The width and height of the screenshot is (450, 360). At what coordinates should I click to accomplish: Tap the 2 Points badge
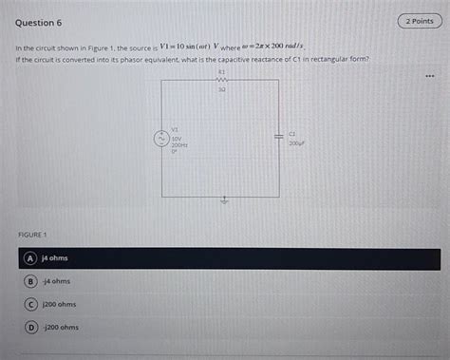(419, 21)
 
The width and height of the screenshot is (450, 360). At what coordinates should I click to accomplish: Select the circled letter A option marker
(31, 257)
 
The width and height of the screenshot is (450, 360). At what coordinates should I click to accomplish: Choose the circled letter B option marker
(31, 281)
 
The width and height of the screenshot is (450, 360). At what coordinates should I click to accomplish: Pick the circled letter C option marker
(31, 304)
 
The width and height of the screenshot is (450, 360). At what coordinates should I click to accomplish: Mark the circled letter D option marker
(31, 327)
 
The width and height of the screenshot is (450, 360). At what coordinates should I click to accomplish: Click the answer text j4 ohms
(54, 257)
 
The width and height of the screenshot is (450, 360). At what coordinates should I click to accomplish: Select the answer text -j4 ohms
(56, 281)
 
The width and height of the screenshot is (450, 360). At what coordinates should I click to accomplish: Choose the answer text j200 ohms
(59, 304)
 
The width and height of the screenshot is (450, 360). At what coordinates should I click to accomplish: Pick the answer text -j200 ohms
(61, 327)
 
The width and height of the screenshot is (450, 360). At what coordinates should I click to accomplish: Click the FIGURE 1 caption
(33, 234)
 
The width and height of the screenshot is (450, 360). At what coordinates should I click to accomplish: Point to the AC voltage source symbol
(161, 137)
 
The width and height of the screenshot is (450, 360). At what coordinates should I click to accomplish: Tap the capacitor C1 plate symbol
(279, 137)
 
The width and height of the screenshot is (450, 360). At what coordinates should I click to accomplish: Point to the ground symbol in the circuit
(224, 200)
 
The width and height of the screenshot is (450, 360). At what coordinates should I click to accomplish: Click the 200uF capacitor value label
(297, 143)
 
